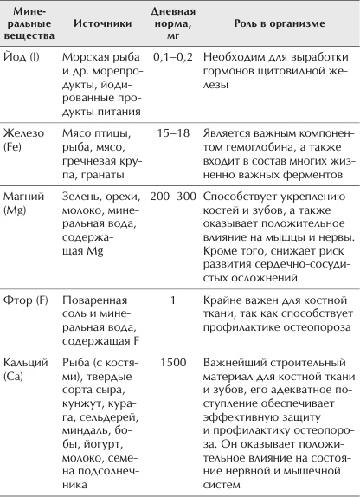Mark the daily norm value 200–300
coord(172,196)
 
